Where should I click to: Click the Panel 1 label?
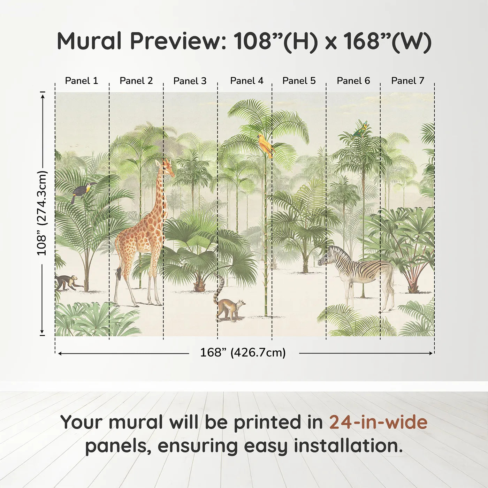[x=82, y=81]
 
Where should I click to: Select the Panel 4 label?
[x=247, y=81]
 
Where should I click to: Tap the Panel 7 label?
[x=407, y=81]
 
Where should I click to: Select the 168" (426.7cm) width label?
[x=243, y=353]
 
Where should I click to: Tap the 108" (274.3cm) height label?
[x=42, y=213]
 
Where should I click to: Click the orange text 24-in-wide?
[x=378, y=422]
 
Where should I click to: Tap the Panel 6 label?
[x=353, y=81]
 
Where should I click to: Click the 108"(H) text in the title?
[x=275, y=41]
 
